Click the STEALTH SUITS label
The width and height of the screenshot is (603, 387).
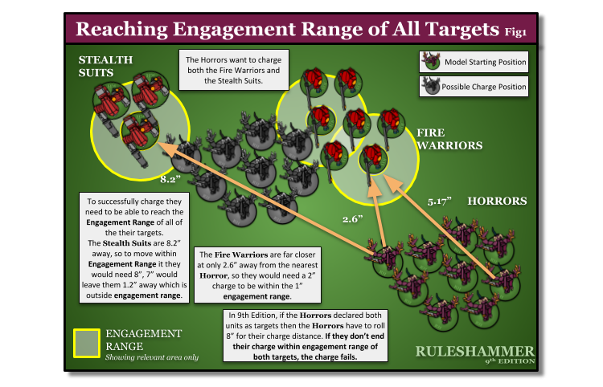coord(105,66)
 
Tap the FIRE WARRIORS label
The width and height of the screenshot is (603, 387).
coord(449,139)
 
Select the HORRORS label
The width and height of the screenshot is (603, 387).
coord(497,201)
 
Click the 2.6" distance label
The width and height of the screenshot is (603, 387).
coord(353,218)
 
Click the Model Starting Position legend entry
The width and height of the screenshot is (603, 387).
coord(474,62)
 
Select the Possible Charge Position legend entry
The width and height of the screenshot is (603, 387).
coord(474,86)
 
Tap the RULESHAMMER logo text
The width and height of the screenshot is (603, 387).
coord(474,351)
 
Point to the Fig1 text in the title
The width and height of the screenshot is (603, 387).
coord(515,32)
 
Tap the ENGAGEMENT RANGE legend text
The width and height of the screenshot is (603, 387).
coord(143,339)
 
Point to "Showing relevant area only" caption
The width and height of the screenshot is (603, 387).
coord(152,356)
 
